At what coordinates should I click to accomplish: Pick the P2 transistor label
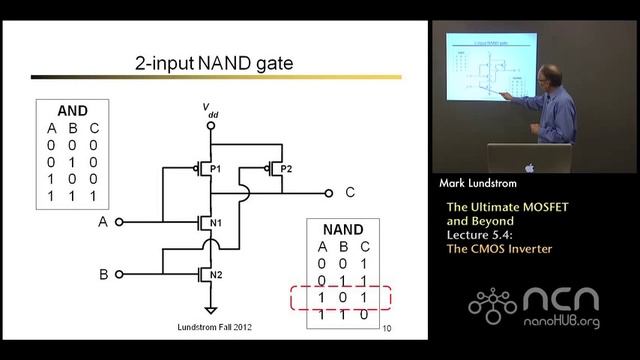[286, 168]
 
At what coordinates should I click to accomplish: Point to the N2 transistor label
[217, 273]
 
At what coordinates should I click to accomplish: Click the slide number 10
[387, 326]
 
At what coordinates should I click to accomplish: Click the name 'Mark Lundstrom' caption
[482, 184]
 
